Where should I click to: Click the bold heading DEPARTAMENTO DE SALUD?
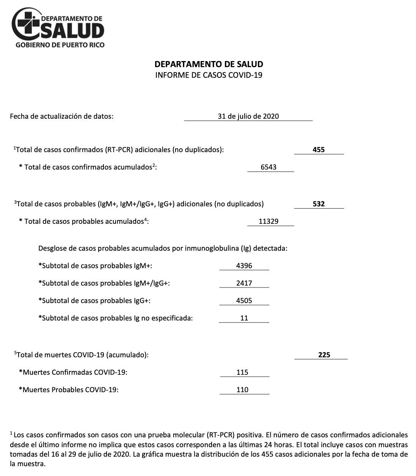209,64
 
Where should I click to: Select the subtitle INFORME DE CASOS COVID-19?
209,75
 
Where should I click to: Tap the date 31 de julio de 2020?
248,116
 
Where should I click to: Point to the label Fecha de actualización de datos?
61,116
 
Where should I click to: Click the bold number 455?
319,150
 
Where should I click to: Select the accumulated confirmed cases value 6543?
268,167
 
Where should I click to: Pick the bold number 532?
319,204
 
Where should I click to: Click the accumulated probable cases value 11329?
268,222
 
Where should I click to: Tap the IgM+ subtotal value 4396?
244,266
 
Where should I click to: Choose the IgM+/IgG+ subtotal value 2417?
244,283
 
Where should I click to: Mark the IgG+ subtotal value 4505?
244,301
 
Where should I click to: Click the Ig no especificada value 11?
244,318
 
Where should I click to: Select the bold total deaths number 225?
324,355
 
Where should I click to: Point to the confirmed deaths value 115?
242,372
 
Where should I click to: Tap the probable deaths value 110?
242,390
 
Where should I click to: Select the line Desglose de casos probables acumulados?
163,249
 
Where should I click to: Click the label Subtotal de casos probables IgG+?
94,301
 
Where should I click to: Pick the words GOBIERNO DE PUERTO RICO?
60,45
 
